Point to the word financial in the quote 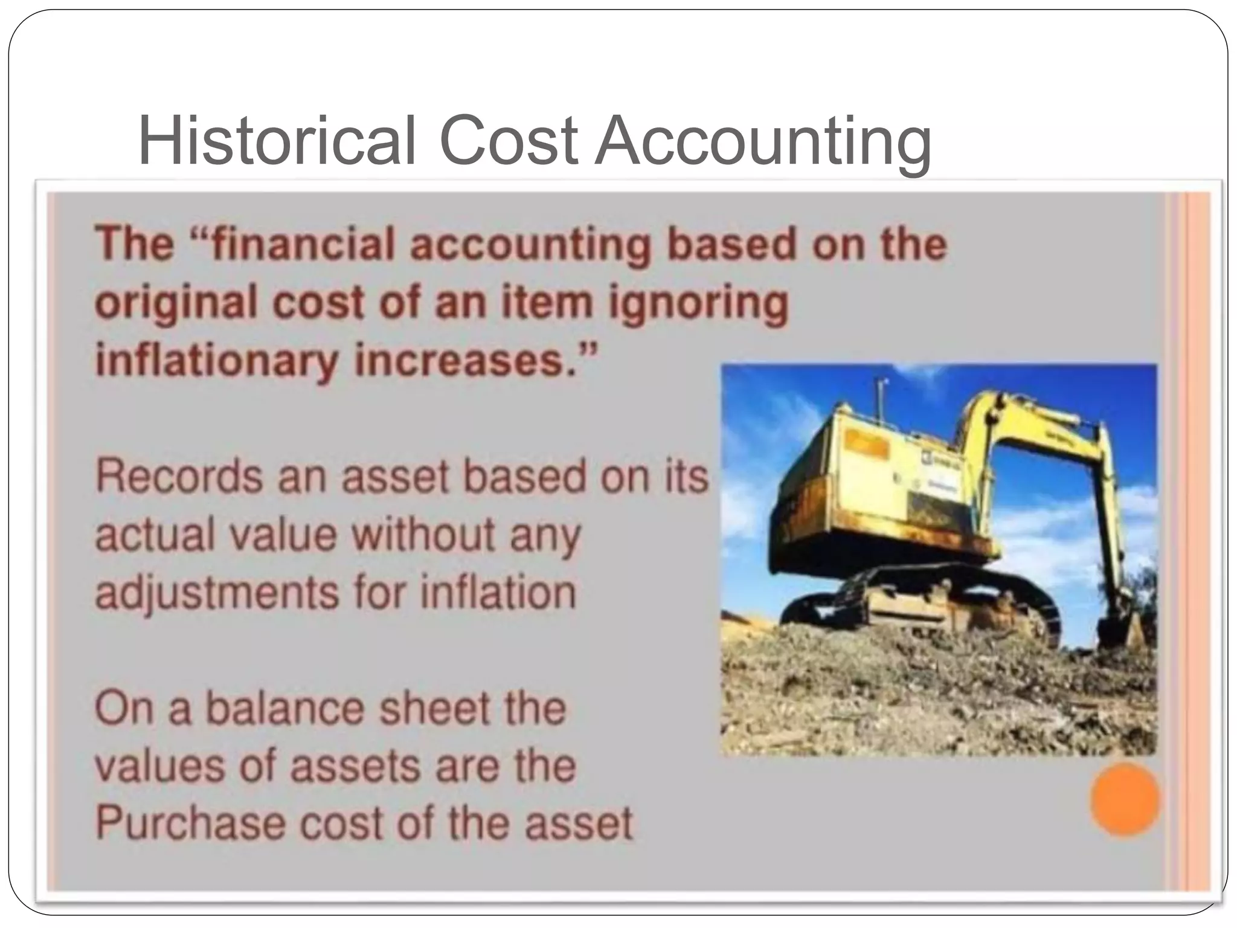(x=297, y=245)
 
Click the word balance (x=284, y=709)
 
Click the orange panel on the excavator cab (x=867, y=445)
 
